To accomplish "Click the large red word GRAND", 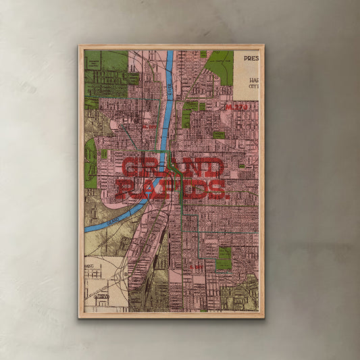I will [172, 168].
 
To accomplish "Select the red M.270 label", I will [237, 107].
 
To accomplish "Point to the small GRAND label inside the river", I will [114, 221].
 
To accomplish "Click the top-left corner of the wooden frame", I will [79, 46].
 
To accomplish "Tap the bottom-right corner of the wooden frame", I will [263, 317].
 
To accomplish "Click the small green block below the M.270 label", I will [218, 135].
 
